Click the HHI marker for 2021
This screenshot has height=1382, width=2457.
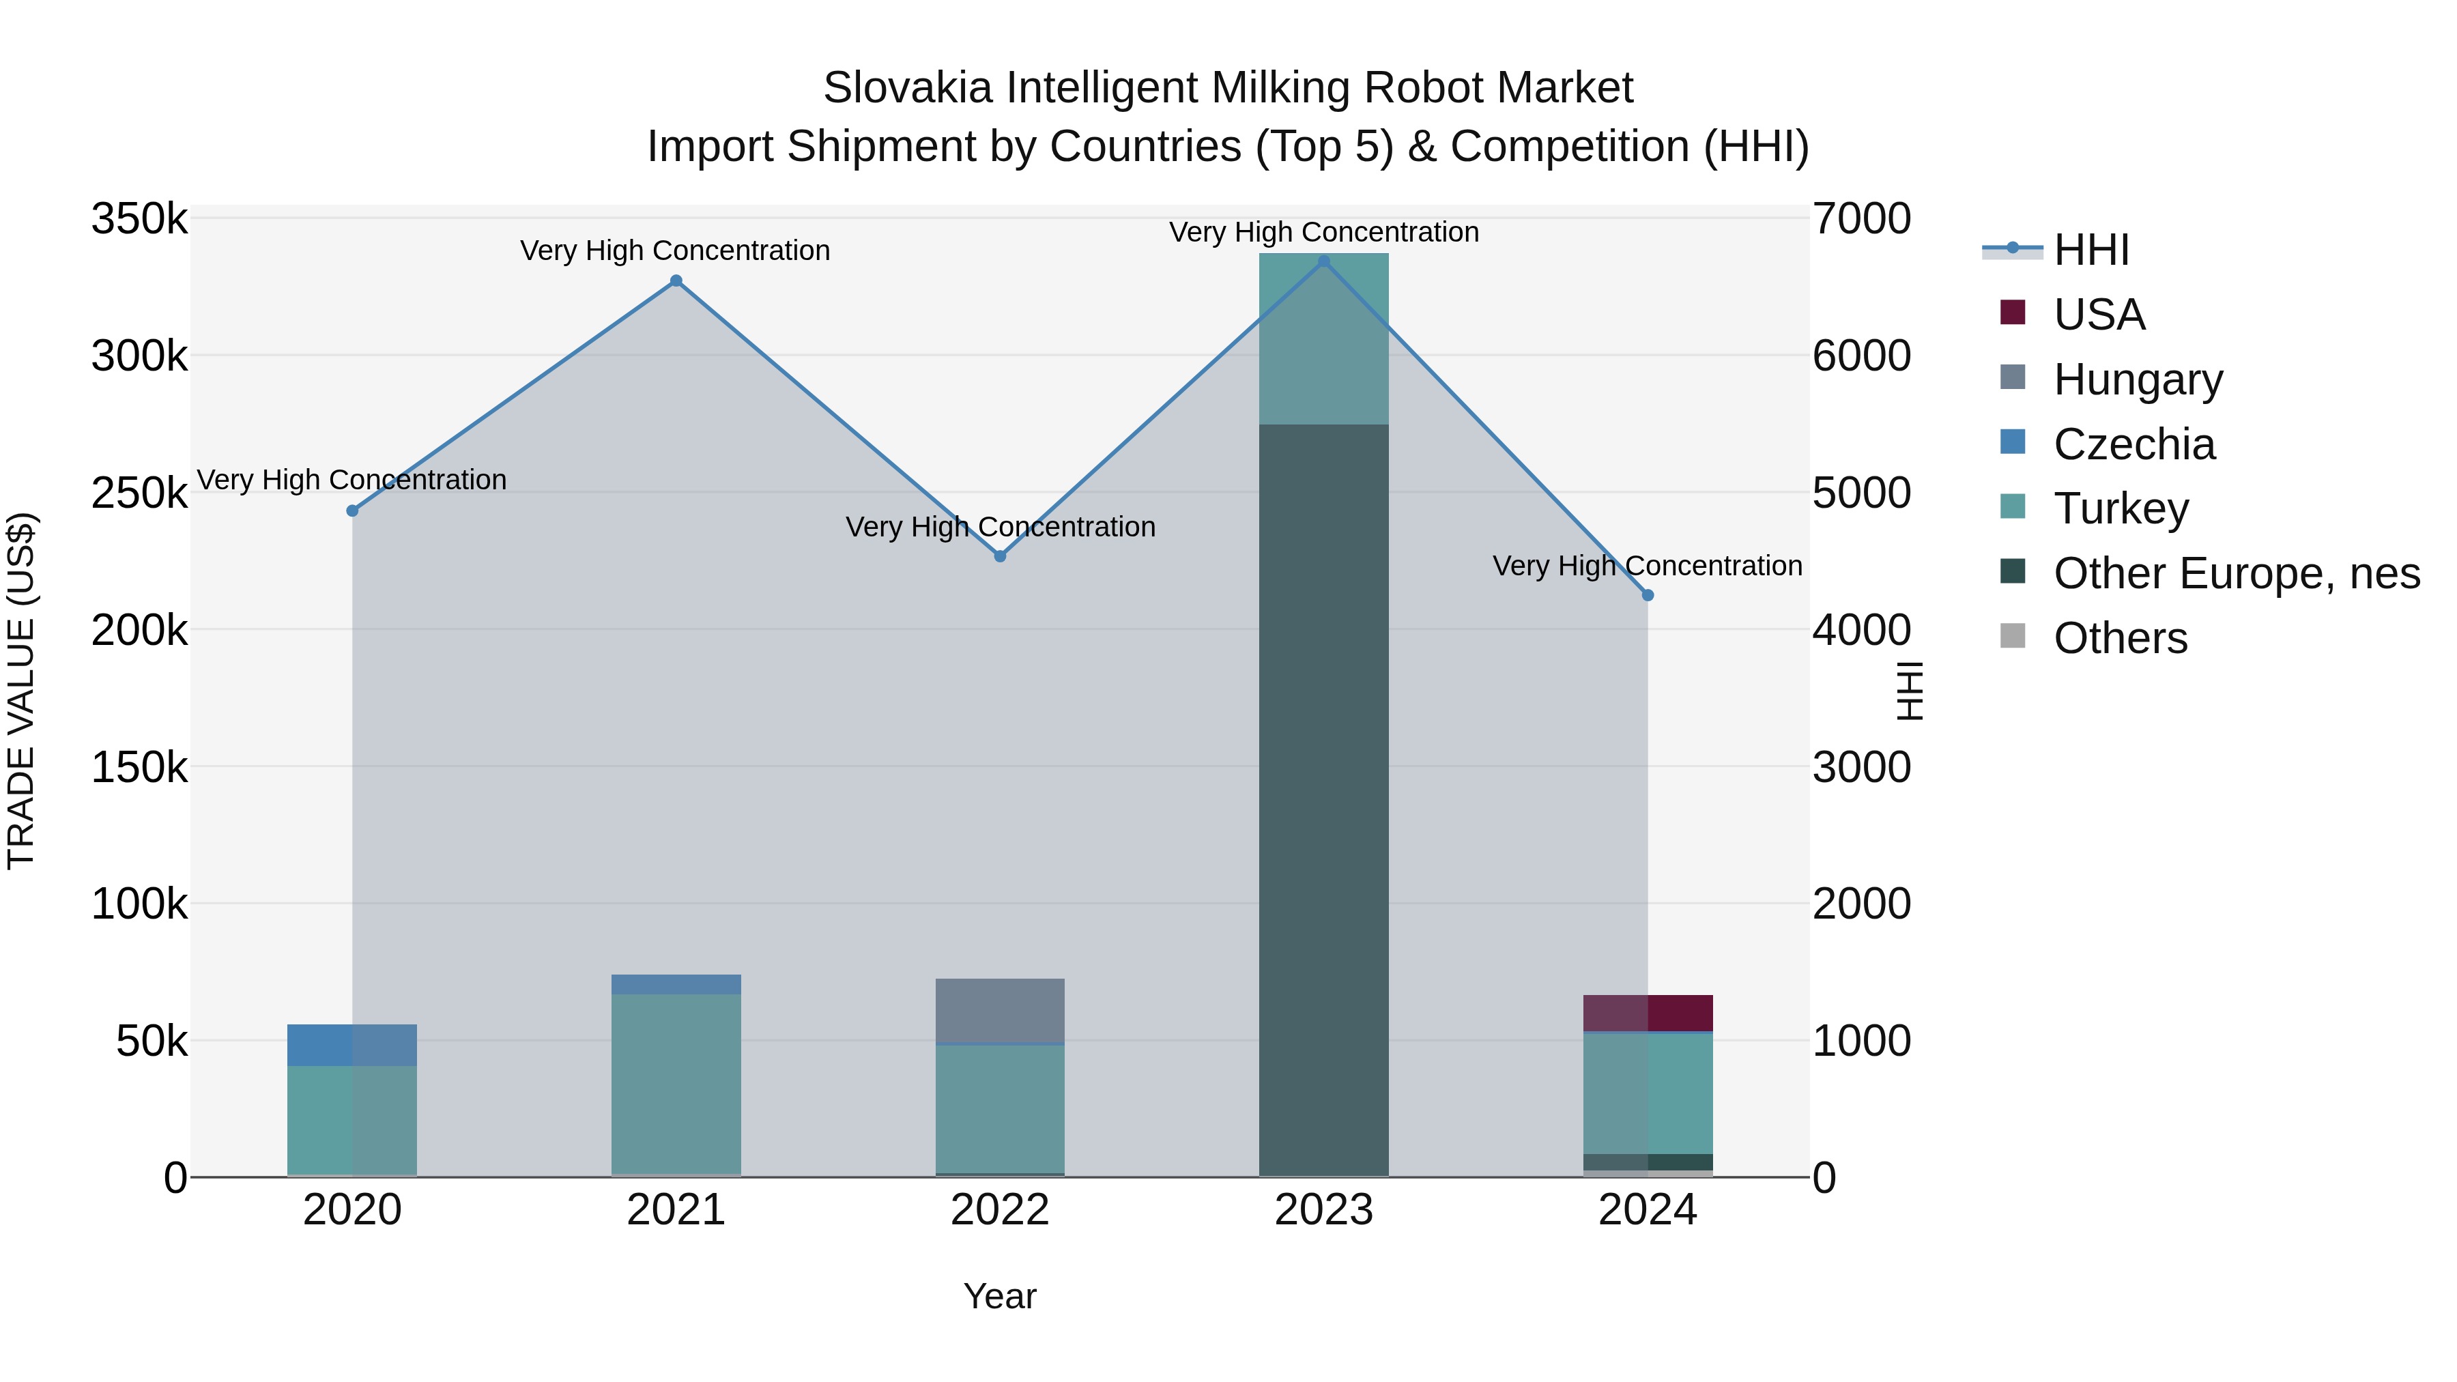coord(676,281)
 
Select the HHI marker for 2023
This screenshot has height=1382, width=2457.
coord(1324,261)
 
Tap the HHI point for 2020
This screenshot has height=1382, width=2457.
coord(352,511)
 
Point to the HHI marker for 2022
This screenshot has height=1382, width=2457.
coord(1001,556)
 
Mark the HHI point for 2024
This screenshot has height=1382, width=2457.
coord(1648,595)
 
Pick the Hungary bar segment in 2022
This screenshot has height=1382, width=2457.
coord(1001,1011)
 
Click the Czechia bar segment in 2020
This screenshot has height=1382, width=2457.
coord(352,1046)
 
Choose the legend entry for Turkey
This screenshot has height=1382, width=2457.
coord(2121,508)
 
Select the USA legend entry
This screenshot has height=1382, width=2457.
coord(2099,315)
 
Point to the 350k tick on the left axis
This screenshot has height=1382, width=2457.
coord(139,219)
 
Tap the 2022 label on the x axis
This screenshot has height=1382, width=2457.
coord(1001,1210)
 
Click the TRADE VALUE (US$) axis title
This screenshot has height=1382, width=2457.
coord(22,691)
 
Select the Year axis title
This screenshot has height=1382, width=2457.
coord(1000,1296)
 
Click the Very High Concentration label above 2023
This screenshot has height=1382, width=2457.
coord(1324,232)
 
